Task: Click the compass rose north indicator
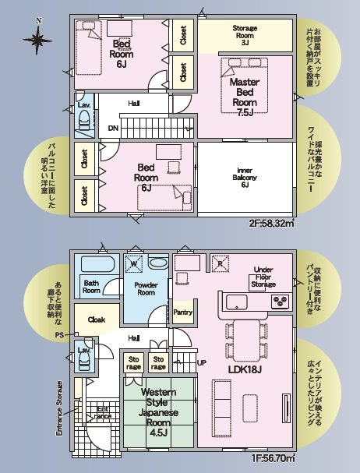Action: point(37,37)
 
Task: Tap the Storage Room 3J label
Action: point(245,35)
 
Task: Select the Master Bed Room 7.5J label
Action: point(245,97)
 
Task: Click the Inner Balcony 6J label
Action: point(245,178)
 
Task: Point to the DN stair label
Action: point(113,129)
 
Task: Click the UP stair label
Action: point(202,362)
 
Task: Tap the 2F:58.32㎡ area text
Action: point(272,224)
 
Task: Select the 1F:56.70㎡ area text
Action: point(274,458)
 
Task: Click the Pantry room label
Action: point(183,312)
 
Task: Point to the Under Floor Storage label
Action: point(263,277)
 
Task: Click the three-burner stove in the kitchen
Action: point(280,302)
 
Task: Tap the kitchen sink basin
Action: point(237,302)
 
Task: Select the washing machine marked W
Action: point(134,263)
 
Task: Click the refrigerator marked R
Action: point(221,263)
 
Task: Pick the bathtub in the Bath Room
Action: point(98,264)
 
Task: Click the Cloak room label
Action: point(97,319)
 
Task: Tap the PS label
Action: point(59,334)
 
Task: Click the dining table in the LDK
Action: point(246,341)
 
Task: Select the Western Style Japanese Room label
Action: point(158,412)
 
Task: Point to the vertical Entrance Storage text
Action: point(59,408)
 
